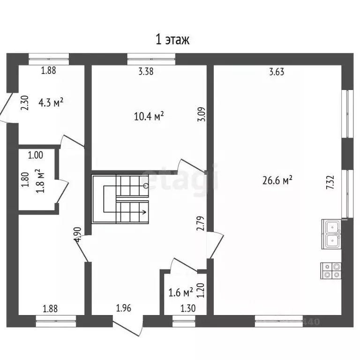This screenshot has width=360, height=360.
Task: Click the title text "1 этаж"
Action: coord(172,39)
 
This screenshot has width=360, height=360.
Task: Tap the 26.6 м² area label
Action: coord(277,180)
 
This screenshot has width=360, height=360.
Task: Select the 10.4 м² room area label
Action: coord(149,116)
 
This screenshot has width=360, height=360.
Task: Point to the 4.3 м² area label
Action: coord(51,102)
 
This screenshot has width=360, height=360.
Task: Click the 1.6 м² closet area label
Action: coord(181,292)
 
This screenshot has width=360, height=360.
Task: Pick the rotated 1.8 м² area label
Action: coord(40,181)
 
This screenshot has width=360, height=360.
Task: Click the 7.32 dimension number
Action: coord(330,182)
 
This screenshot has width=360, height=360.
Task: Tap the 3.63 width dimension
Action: coord(277,72)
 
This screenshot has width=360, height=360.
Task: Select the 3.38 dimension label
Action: coord(146,71)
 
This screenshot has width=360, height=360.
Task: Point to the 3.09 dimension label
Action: coord(202,114)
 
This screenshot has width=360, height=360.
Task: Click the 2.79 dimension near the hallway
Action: coord(201,223)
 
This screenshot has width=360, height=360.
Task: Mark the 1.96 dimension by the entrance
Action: coord(124,308)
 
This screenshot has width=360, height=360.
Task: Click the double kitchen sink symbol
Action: coord(331,234)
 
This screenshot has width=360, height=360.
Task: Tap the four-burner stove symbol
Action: coord(331,271)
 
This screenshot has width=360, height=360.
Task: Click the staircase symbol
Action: coord(120,199)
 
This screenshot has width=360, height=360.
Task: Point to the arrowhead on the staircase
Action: coord(145,212)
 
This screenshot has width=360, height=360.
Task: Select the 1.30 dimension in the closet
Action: coord(188,308)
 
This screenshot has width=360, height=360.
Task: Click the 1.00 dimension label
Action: coord(36,155)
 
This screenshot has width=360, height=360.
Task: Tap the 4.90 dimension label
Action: coord(78,234)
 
